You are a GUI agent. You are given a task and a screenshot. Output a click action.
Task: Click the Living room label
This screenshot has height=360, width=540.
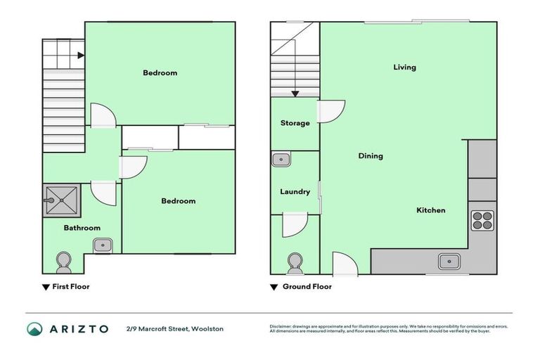pyautogui.click(x=404, y=67)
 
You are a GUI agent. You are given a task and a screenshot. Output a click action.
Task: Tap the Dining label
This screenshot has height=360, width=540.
pyautogui.click(x=371, y=156)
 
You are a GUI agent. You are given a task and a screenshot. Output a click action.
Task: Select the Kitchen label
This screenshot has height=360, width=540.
pyautogui.click(x=430, y=210)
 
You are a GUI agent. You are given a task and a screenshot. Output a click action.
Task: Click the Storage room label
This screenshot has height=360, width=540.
pyautogui.click(x=295, y=123)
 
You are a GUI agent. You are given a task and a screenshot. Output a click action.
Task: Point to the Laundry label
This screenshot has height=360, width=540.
pyautogui.click(x=295, y=192)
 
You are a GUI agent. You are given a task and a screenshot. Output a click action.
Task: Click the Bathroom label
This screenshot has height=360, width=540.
pyautogui.click(x=82, y=228)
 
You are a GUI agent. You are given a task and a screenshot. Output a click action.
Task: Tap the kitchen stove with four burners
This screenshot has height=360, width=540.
pyautogui.click(x=482, y=221)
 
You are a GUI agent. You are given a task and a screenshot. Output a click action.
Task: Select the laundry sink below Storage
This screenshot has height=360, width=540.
pyautogui.click(x=281, y=160)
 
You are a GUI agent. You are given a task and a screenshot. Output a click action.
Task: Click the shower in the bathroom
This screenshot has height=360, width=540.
pyautogui.click(x=62, y=199)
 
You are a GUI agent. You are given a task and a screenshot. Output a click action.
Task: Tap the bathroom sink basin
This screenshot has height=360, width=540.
pyautogui.click(x=103, y=245)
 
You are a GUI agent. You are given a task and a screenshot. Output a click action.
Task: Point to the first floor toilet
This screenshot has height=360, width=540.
pyautogui.click(x=63, y=262)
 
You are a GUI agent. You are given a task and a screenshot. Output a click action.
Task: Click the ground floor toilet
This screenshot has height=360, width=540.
pyautogui.click(x=295, y=263)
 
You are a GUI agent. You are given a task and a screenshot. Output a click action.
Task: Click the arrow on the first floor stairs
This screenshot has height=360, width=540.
pyautogui.click(x=82, y=55)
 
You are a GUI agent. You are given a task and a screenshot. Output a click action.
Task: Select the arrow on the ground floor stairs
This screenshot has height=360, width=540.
pyautogui.click(x=295, y=92)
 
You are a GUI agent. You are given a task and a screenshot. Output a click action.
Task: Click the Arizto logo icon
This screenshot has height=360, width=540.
pyautogui.click(x=34, y=328)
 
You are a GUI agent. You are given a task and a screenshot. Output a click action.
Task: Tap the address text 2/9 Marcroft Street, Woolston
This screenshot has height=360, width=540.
pyautogui.click(x=175, y=328)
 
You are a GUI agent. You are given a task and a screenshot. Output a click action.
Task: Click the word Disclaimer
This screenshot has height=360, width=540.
pyautogui.click(x=281, y=326)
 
